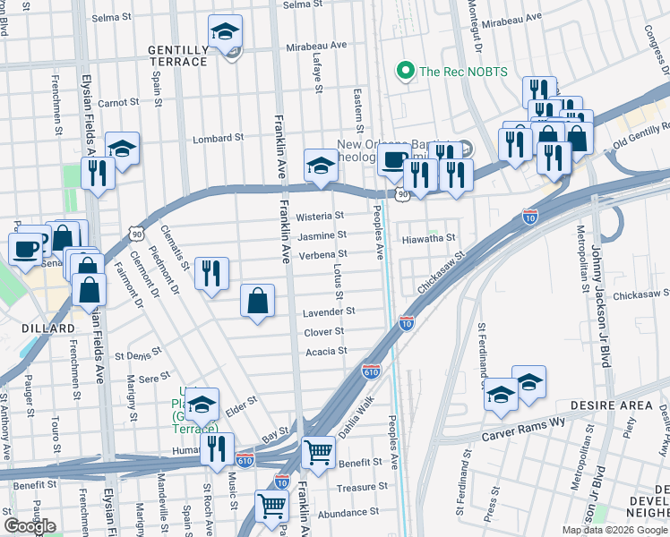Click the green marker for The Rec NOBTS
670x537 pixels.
pyautogui.click(x=406, y=71)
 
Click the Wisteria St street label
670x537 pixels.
pyautogui.click(x=320, y=217)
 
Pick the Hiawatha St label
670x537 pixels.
pyautogui.click(x=428, y=238)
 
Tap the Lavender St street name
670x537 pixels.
pyautogui.click(x=329, y=311)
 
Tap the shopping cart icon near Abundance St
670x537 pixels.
pyautogui.click(x=272, y=506)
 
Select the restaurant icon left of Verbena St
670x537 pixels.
pyautogui.click(x=211, y=273)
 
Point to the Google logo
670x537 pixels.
pyautogui.click(x=31, y=526)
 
